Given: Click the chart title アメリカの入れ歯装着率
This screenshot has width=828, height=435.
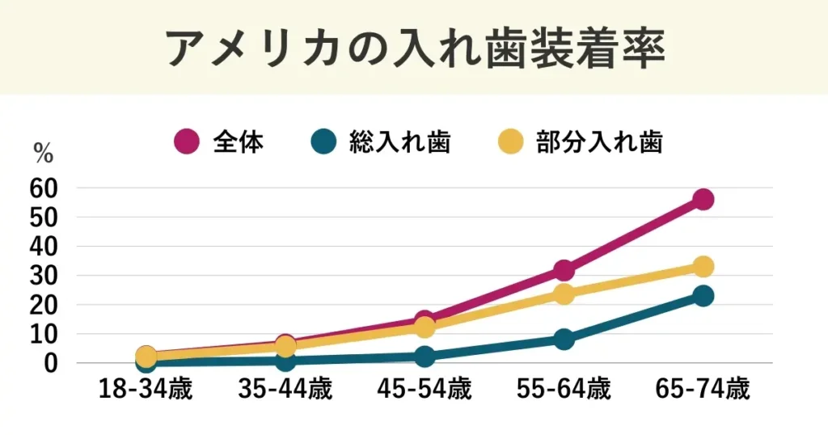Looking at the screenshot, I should (x=414, y=49).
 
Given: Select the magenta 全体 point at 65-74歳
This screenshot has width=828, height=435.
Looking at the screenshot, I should (x=703, y=199).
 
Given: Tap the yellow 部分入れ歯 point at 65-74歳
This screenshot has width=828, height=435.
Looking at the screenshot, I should (x=703, y=266).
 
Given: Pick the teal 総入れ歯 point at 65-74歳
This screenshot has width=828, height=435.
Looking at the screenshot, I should (x=703, y=296).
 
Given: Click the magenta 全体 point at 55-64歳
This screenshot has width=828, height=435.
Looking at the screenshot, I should (x=564, y=270).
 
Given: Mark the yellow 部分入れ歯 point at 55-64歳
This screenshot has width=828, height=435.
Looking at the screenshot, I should (x=564, y=294).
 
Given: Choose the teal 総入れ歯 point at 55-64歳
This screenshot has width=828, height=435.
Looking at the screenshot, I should (x=564, y=339).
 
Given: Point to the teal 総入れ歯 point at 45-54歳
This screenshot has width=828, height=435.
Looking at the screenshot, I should (x=425, y=357).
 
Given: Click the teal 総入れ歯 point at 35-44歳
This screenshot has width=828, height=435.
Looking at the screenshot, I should (x=285, y=361).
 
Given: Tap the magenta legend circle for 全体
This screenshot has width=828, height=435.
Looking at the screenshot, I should (x=187, y=142).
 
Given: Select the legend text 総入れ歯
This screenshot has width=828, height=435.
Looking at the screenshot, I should (x=399, y=142).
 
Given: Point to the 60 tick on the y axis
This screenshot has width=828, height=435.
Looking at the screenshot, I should (x=44, y=188).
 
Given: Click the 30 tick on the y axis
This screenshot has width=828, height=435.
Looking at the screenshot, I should (x=44, y=276).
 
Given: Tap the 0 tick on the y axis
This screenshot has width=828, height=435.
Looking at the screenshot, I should (x=51, y=363).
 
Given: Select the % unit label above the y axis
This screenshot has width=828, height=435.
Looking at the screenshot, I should (x=43, y=151).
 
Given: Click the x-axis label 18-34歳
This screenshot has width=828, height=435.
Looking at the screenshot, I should (x=146, y=391).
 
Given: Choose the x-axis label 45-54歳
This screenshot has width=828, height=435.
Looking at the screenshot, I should (x=425, y=391).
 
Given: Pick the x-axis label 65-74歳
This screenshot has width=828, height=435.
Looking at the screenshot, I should (x=703, y=391).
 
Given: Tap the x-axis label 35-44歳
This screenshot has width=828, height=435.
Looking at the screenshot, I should (x=285, y=391).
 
